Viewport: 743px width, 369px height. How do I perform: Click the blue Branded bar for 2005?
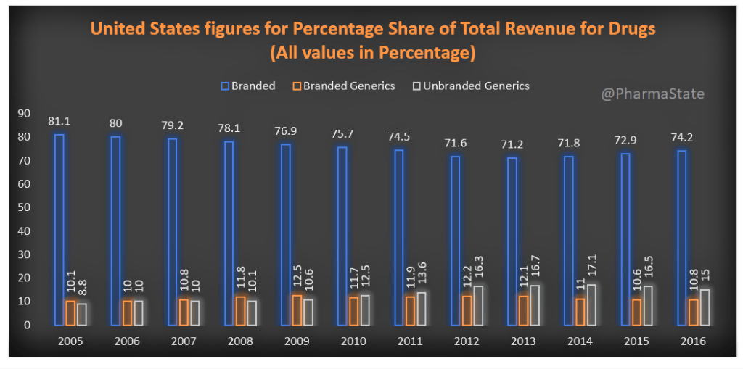59,229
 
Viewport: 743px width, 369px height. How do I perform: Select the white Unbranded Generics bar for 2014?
592,304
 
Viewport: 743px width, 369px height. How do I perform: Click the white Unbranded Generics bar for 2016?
705,307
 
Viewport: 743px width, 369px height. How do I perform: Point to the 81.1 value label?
59,120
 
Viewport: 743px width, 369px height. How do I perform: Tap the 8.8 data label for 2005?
82,283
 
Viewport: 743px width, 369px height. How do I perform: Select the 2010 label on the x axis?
353,340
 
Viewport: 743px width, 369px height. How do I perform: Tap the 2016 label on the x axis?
694,340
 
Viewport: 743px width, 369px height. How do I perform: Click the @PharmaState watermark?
652,94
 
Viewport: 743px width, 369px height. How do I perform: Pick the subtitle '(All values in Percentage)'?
371,53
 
